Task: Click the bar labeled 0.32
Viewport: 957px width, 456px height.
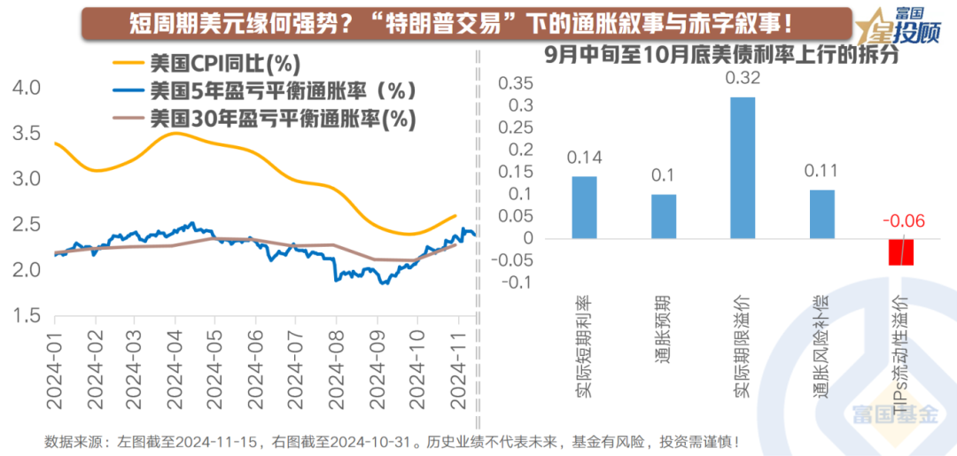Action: click(743, 167)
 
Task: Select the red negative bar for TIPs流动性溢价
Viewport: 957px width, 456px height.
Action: click(901, 251)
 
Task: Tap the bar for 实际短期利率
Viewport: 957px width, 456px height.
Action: click(584, 207)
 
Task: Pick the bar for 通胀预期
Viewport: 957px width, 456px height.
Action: click(664, 216)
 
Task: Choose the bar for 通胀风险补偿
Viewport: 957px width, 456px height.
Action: click(821, 213)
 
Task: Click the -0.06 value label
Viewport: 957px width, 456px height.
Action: click(901, 220)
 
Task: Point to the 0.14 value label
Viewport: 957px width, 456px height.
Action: click(584, 159)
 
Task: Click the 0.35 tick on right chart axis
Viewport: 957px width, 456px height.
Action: click(515, 84)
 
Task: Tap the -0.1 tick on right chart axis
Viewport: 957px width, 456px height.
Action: click(515, 282)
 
